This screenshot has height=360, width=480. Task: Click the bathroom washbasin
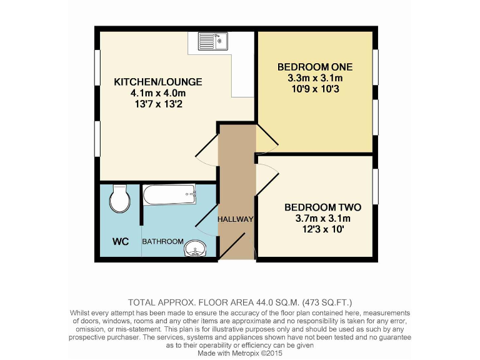[196, 249]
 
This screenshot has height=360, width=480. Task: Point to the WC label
[121, 241]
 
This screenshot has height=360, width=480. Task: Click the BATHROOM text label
[162, 241]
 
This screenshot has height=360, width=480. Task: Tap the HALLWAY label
[236, 219]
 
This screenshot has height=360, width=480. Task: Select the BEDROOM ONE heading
[315, 67]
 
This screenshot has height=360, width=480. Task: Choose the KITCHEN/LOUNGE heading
[158, 82]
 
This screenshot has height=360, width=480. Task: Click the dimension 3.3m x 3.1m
[315, 78]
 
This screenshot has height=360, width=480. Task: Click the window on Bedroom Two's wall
[376, 179]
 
